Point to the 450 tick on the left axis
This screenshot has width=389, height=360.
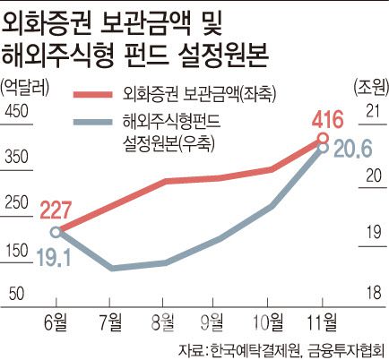click(x=19, y=111)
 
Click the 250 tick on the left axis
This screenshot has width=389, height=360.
click(x=19, y=201)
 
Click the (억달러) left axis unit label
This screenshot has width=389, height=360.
click(x=28, y=86)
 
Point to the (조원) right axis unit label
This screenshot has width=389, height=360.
click(x=364, y=86)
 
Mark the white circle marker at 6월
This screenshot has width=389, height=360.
click(x=56, y=231)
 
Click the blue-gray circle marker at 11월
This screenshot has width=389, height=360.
click(x=323, y=149)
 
